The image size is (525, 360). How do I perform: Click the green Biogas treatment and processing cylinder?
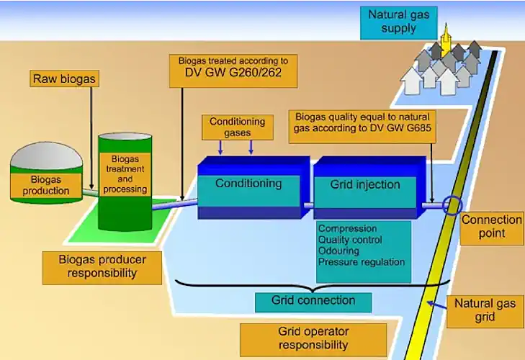click(x=125, y=180)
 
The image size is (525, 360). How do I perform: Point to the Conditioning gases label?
click(x=237, y=127)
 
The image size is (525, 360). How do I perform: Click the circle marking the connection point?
click(x=452, y=206)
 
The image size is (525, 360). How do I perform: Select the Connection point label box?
click(x=492, y=226)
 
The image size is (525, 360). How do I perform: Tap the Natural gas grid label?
click(x=485, y=310)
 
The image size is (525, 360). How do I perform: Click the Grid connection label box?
click(x=313, y=300)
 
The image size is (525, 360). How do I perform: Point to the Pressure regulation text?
click(x=362, y=262)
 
